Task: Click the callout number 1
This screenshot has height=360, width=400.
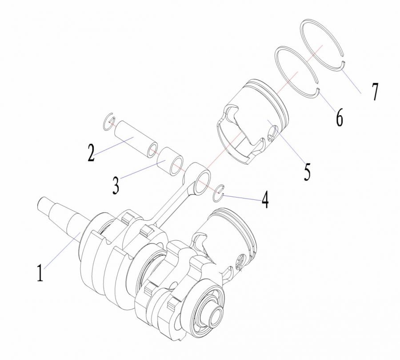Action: tap(40, 273)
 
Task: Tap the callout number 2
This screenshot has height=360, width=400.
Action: tap(91, 153)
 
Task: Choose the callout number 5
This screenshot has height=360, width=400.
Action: tap(308, 172)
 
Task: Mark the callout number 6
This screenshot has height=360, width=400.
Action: tap(339, 117)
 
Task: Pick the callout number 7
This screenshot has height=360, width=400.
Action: tap(375, 92)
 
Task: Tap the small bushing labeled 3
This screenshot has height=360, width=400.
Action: tap(170, 162)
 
